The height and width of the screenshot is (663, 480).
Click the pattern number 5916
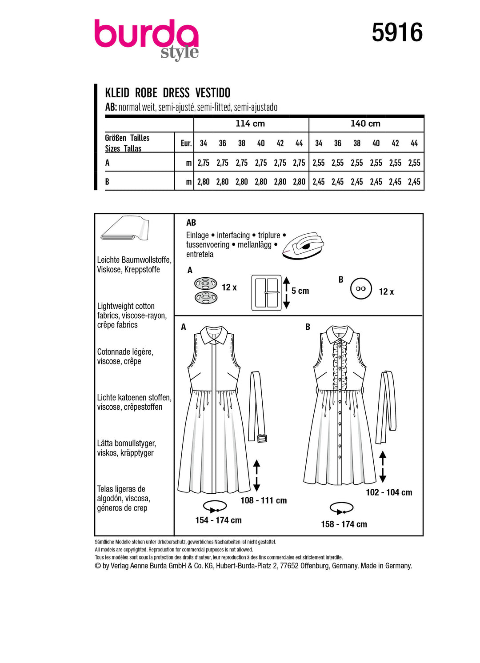pyautogui.click(x=397, y=33)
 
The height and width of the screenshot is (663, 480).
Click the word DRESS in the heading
pyautogui.click(x=176, y=93)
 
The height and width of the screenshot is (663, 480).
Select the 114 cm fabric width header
pyautogui.click(x=250, y=124)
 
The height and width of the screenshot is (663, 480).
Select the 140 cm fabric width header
pyautogui.click(x=365, y=124)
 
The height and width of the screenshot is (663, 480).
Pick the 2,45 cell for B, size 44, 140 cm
pyautogui.click(x=414, y=182)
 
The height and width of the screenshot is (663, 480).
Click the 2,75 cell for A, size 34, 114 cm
pyautogui.click(x=203, y=163)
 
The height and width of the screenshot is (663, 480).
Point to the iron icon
pyautogui.click(x=304, y=245)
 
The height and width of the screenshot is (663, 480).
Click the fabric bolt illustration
pyautogui.click(x=125, y=228)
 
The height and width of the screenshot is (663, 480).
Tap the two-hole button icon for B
pyautogui.click(x=361, y=289)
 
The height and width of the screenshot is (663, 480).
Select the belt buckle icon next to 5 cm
pyautogui.click(x=267, y=292)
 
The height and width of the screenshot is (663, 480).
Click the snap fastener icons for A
pyautogui.click(x=206, y=291)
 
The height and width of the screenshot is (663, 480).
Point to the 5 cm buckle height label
pyautogui.click(x=300, y=291)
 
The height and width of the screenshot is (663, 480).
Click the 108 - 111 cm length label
pyautogui.click(x=264, y=500)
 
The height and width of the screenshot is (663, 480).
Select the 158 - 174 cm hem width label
pyautogui.click(x=344, y=524)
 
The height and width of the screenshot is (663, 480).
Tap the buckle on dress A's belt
pyautogui.click(x=262, y=438)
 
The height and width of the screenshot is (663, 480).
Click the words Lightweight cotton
pyautogui.click(x=126, y=306)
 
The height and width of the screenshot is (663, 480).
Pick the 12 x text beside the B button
pyautogui.click(x=386, y=292)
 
